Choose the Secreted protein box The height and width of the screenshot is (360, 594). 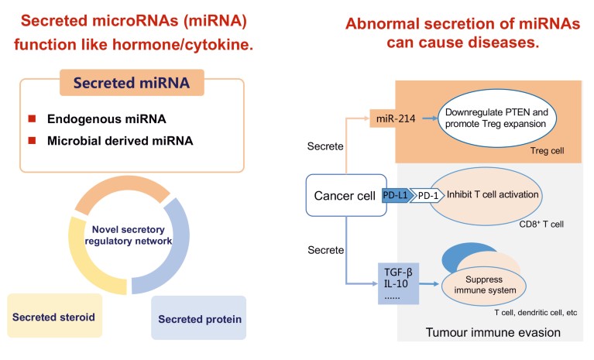[199, 317]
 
